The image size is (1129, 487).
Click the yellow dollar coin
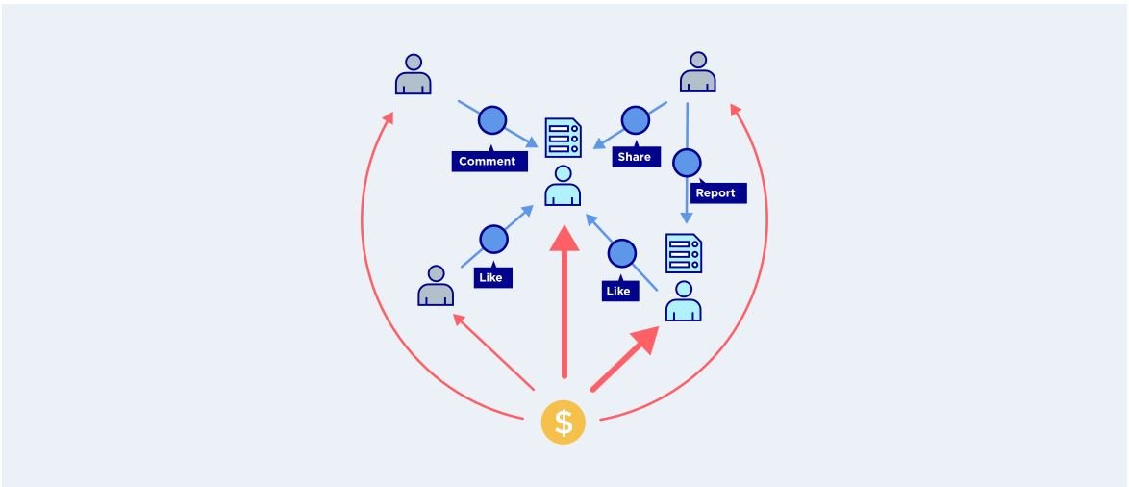pyautogui.click(x=564, y=423)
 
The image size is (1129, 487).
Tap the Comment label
pyautogui.click(x=489, y=161)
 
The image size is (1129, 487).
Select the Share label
pyautogui.click(x=636, y=156)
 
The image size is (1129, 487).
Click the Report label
pyautogui.click(x=717, y=192)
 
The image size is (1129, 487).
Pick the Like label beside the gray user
pyautogui.click(x=493, y=276)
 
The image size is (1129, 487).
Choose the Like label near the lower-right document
pyautogui.click(x=620, y=290)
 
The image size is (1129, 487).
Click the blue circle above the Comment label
pyautogui.click(x=492, y=120)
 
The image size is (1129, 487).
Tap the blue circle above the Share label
pyautogui.click(x=635, y=120)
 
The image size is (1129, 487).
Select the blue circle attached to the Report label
pyautogui.click(x=687, y=163)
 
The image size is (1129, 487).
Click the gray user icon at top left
pyautogui.click(x=414, y=74)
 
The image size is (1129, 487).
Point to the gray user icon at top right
pyautogui.click(x=698, y=72)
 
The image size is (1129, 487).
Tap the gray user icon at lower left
pyautogui.click(x=436, y=285)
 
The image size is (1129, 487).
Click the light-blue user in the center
pyautogui.click(x=564, y=186)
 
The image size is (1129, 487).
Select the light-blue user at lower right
pyautogui.click(x=684, y=301)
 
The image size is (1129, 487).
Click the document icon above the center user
pyautogui.click(x=564, y=137)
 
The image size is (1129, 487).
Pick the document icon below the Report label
pyautogui.click(x=684, y=253)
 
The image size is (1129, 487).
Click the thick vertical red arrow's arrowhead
pyautogui.click(x=564, y=238)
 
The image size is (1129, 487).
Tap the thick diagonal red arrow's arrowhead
pyautogui.click(x=644, y=339)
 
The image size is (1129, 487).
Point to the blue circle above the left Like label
pyautogui.click(x=493, y=240)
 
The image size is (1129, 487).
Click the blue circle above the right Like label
pyautogui.click(x=622, y=253)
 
